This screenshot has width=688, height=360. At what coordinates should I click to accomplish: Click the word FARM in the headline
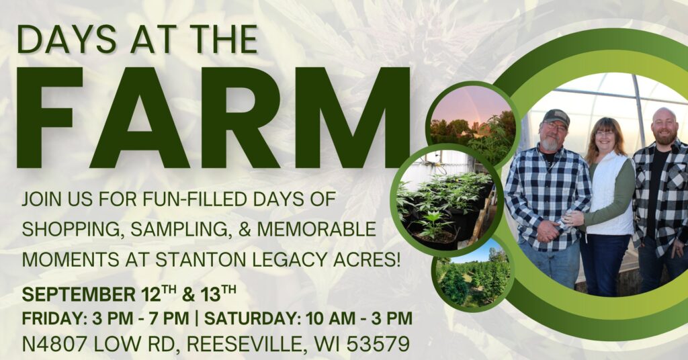[214, 118]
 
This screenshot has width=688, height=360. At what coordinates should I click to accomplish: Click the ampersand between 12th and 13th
[188, 295]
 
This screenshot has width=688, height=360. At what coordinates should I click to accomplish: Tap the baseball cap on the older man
[556, 117]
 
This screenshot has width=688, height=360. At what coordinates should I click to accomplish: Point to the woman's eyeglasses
[605, 133]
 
